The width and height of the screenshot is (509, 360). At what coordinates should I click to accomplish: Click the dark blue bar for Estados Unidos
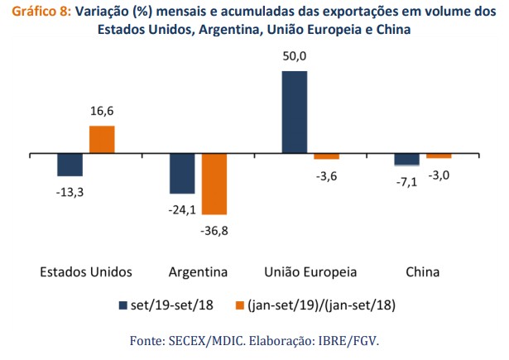pyautogui.click(x=70, y=165)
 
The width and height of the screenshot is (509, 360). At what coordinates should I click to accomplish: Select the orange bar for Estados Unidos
pyautogui.click(x=102, y=140)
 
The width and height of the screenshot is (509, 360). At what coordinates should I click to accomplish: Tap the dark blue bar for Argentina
pyautogui.click(x=182, y=174)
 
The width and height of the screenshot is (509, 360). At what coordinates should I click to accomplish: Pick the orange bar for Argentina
pyautogui.click(x=214, y=184)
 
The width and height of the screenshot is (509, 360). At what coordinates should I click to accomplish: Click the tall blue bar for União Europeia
pyautogui.click(x=295, y=113)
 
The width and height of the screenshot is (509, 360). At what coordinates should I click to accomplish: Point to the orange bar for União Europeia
pyautogui.click(x=327, y=156)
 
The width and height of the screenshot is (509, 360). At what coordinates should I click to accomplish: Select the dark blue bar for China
pyautogui.click(x=406, y=160)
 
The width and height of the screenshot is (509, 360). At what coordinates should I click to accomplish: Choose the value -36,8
pyautogui.click(x=214, y=231)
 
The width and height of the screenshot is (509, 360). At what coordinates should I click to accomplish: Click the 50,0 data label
pyautogui.click(x=295, y=57)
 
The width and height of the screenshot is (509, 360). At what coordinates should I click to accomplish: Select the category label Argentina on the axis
pyautogui.click(x=199, y=272)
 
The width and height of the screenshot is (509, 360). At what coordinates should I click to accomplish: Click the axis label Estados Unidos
pyautogui.click(x=86, y=272)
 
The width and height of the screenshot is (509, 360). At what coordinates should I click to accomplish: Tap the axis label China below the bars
pyautogui.click(x=423, y=272)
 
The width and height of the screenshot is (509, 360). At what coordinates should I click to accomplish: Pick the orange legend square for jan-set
pyautogui.click(x=241, y=305)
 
